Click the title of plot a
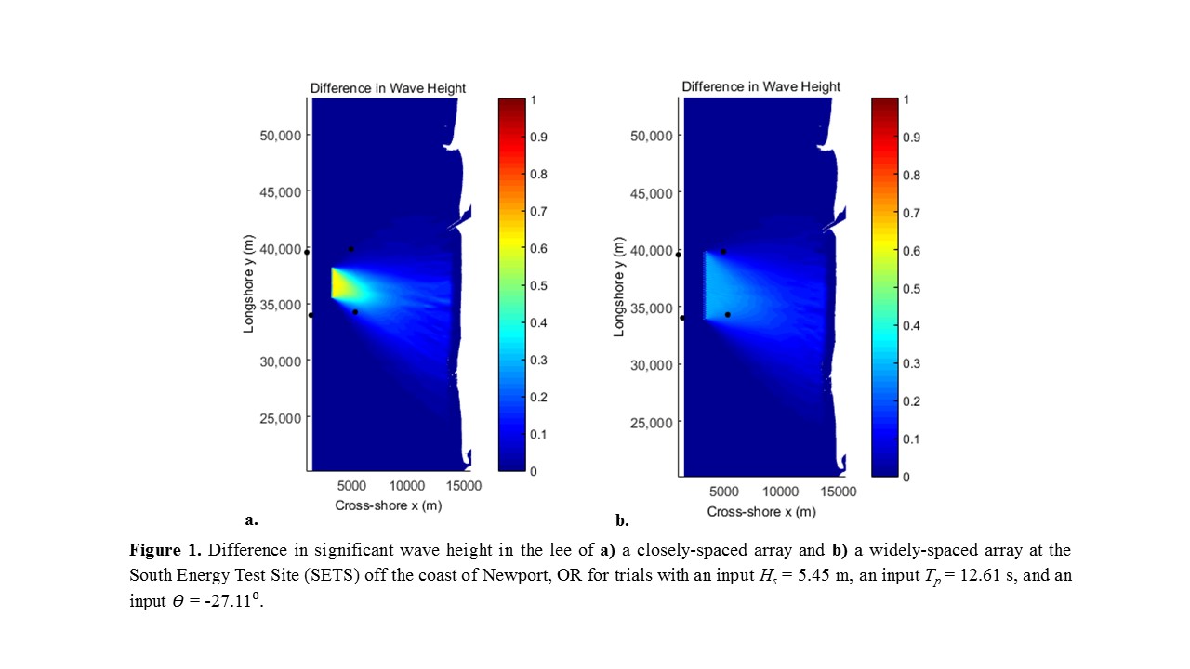[388, 88]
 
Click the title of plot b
[760, 86]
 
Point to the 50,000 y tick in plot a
[280, 136]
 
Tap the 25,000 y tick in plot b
[652, 423]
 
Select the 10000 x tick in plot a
[407, 486]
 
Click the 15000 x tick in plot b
[839, 492]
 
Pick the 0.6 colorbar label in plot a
[538, 248]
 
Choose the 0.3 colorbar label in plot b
[912, 363]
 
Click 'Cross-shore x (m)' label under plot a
[389, 505]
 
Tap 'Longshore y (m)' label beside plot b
[619, 287]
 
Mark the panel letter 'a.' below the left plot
[251, 519]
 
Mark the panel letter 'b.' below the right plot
[622, 520]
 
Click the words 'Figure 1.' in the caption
[165, 550]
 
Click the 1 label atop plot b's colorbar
[906, 99]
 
